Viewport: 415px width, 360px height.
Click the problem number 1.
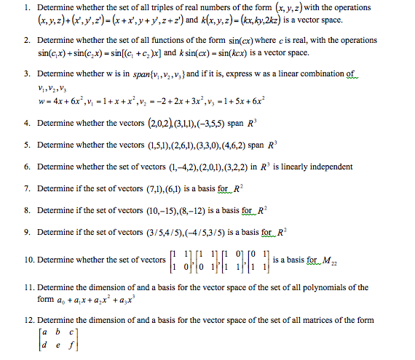click(25, 8)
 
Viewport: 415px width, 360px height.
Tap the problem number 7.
click(25, 188)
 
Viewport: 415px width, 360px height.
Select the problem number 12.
click(28, 320)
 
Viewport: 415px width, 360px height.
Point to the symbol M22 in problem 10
click(329, 260)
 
